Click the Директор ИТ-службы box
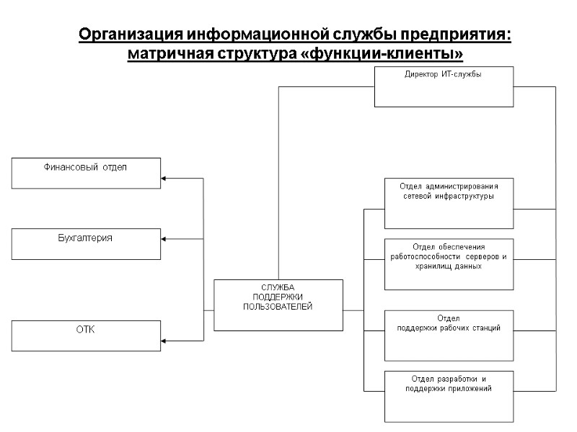444,86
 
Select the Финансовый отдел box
86,173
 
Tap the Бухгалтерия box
86,243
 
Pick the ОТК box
86,336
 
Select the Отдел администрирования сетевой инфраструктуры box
449,202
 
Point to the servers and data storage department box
449,264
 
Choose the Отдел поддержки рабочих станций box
449,335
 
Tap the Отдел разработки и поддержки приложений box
449,396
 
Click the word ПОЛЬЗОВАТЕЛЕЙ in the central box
278,307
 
